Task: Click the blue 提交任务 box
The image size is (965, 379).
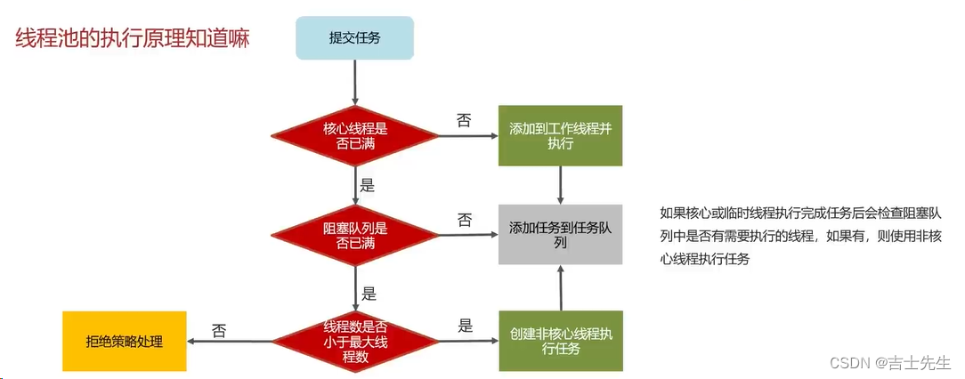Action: pos(354,37)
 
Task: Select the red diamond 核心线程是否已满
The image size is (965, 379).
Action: pos(354,135)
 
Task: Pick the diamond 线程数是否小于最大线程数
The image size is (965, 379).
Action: pos(354,340)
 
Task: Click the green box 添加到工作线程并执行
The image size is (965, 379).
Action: pos(560,135)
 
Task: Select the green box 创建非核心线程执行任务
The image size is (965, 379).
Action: pos(560,340)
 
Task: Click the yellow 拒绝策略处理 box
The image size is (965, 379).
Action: pos(125,341)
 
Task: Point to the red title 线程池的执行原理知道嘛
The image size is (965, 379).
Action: pos(133,39)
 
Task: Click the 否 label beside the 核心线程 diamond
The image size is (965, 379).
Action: pos(464,120)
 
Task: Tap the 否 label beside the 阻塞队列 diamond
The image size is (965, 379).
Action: pos(464,220)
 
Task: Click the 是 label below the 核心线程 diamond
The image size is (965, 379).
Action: pos(367,187)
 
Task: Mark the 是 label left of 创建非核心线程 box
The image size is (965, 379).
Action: pos(465,326)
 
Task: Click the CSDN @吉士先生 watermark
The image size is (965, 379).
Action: pos(890,363)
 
